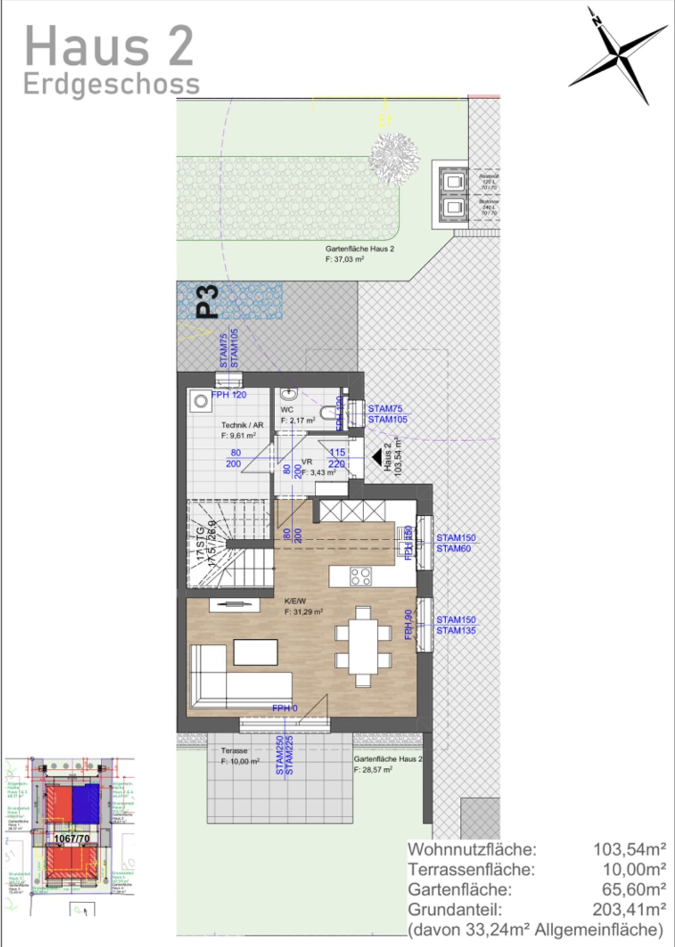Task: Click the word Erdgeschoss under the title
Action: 112,84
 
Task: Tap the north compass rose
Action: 619,55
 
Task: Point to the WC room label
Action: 287,410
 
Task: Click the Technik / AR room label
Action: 242,425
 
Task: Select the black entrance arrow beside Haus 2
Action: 376,457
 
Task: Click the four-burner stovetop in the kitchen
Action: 361,576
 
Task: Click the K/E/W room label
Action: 295,601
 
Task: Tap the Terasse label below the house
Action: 234,750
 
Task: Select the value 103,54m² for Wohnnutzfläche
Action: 629,850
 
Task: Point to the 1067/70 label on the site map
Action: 72,839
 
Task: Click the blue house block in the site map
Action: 86,804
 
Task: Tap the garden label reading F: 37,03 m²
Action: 345,259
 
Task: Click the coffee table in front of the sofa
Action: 256,652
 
